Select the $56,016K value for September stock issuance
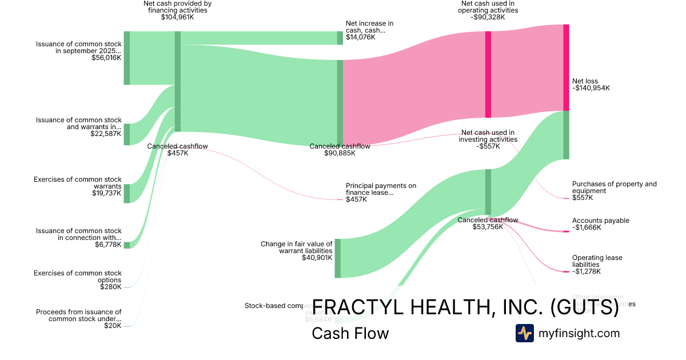pyautogui.click(x=106, y=58)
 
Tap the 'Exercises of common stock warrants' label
pyautogui.click(x=78, y=183)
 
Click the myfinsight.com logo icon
pyautogui.click(x=524, y=333)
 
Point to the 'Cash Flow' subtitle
pyautogui.click(x=350, y=333)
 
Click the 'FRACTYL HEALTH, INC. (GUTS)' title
pyautogui.click(x=465, y=307)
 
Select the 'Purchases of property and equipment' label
pyautogui.click(x=614, y=187)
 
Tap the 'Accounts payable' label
pyautogui.click(x=600, y=221)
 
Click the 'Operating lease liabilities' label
pyautogui.click(x=597, y=261)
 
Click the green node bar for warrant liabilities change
pyautogui.click(x=337, y=258)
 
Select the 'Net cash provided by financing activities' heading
pyautogui.click(x=177, y=7)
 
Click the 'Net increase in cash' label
pyautogui.click(x=369, y=27)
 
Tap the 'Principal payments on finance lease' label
pyautogui.click(x=381, y=189)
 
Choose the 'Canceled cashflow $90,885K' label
pyautogui.click(x=340, y=150)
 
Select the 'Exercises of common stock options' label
pyautogui.click(x=78, y=277)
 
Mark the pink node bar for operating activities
pyautogui.click(x=488, y=74)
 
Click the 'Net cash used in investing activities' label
pyautogui.click(x=488, y=136)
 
